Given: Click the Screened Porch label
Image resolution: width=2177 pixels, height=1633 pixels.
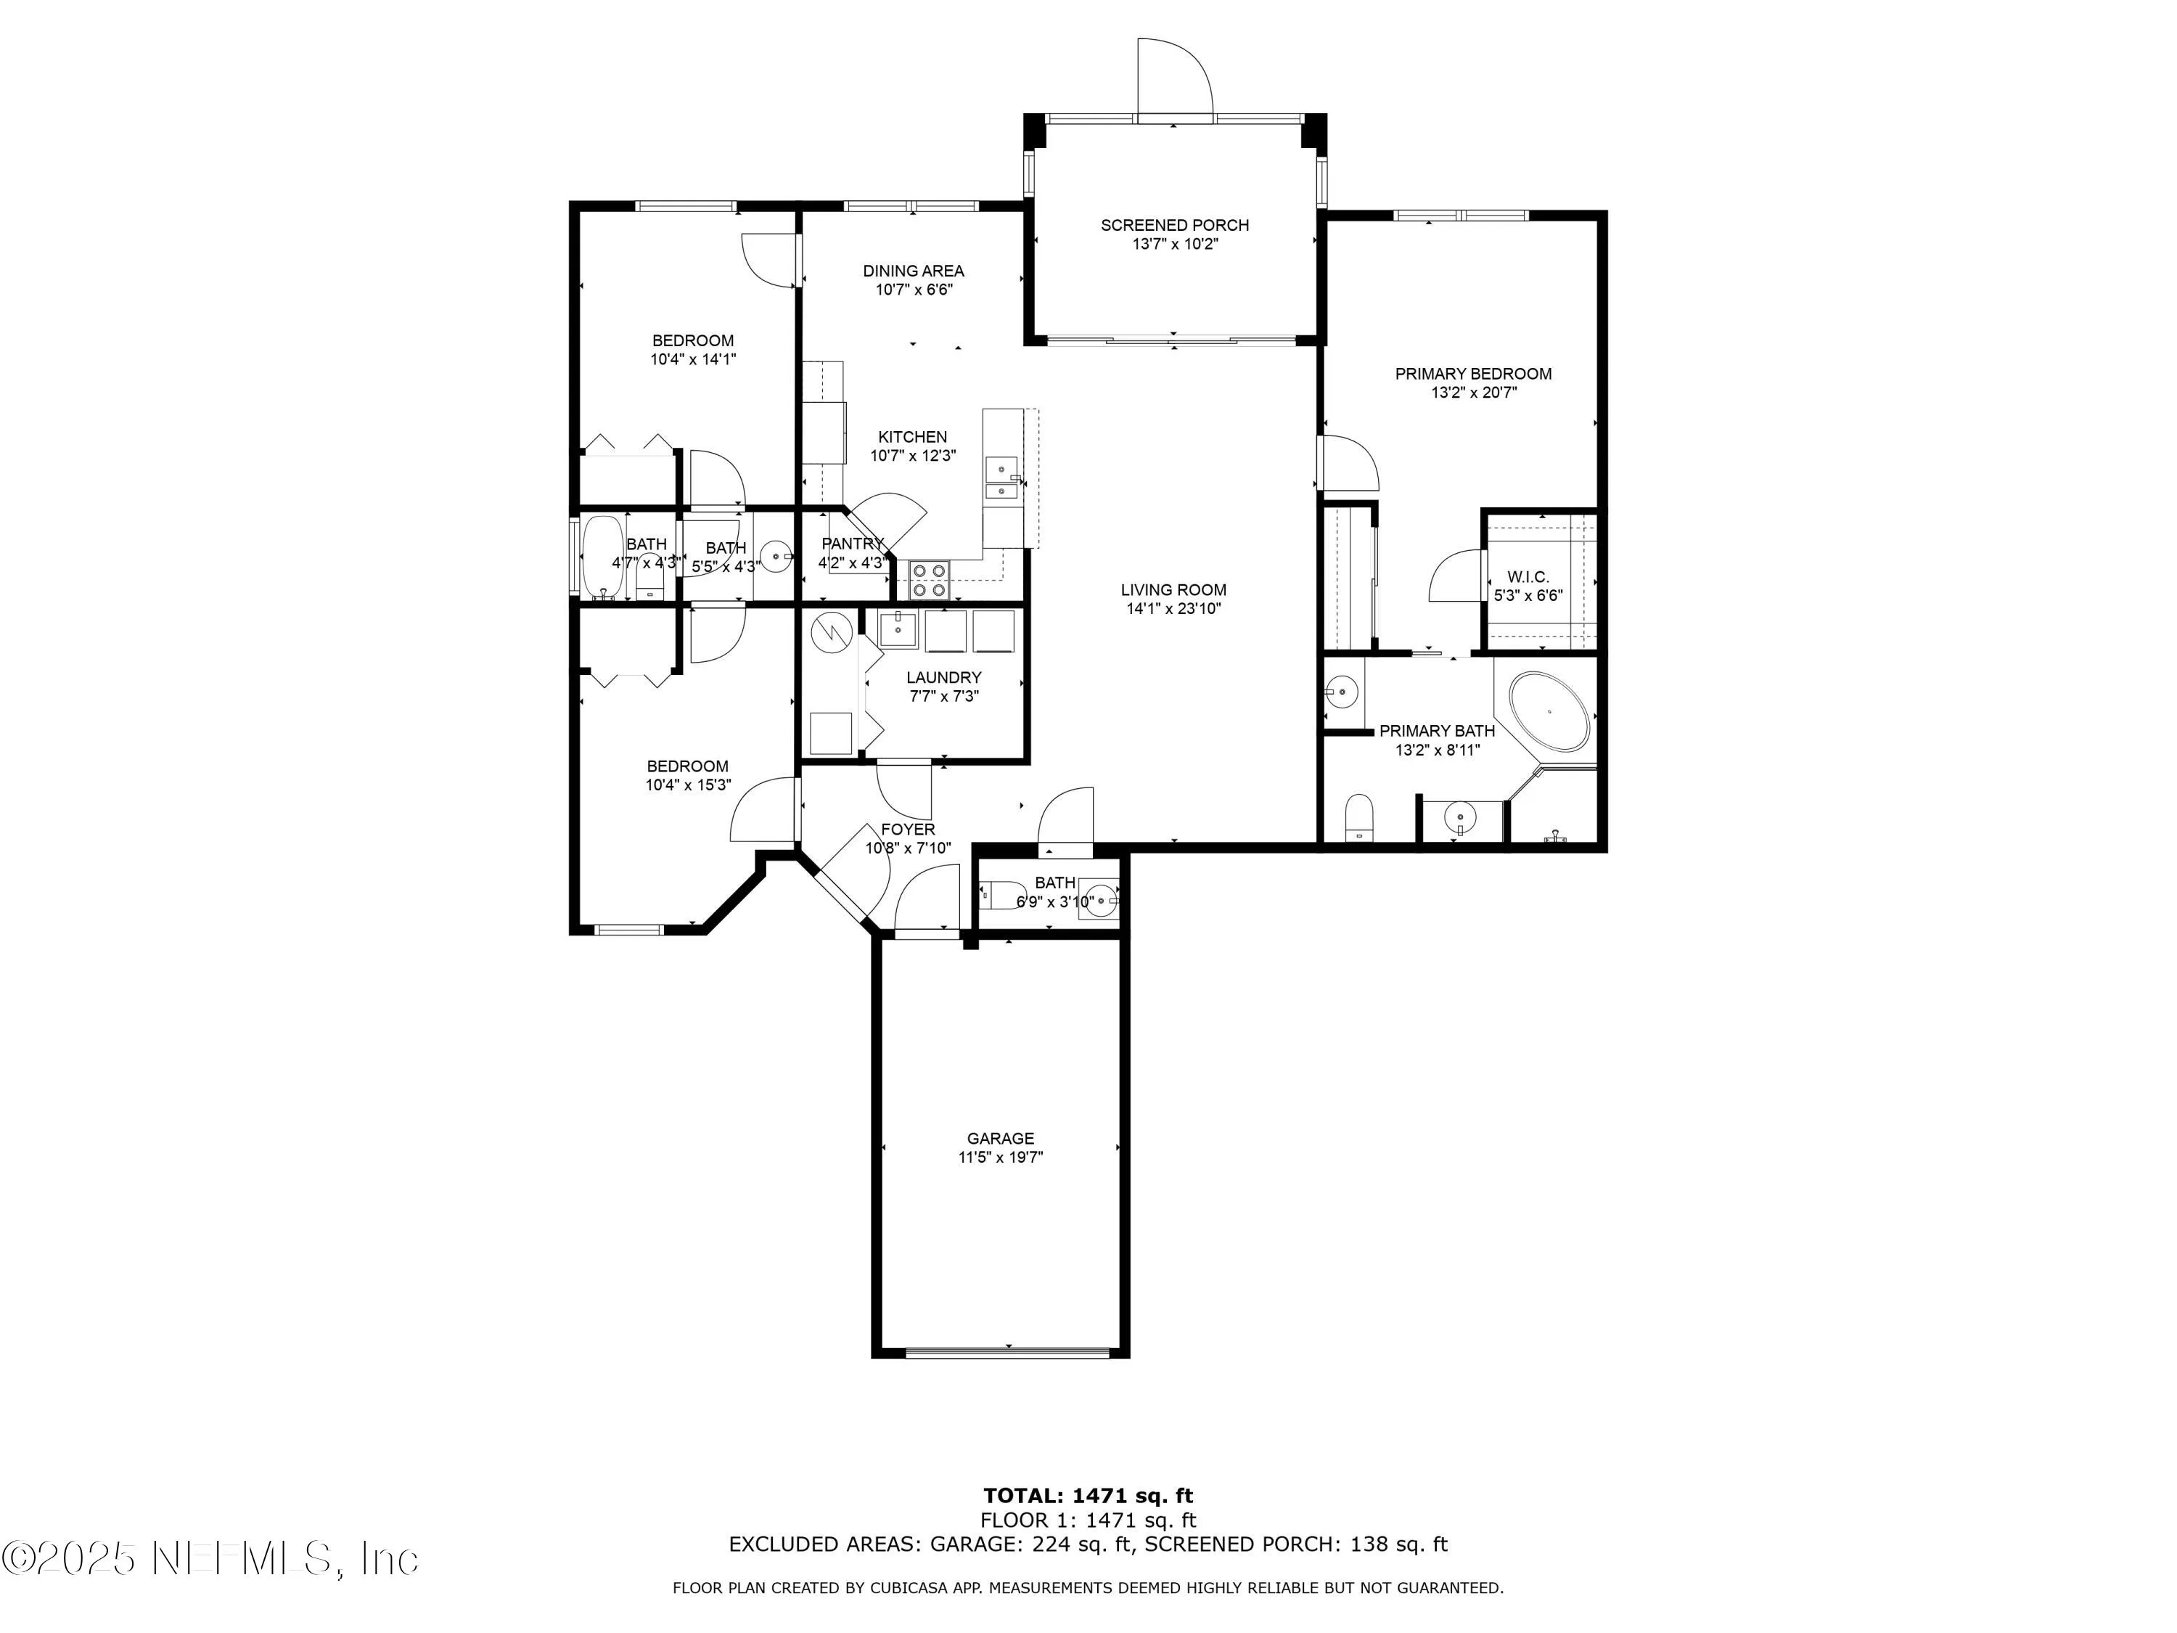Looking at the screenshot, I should (x=1174, y=226).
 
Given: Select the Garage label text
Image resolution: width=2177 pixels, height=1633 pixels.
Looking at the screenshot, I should (x=1000, y=1139).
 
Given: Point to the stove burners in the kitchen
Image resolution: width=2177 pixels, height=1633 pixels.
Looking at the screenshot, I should (x=928, y=580).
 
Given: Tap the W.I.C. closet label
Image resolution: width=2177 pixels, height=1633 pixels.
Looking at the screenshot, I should (x=1528, y=577).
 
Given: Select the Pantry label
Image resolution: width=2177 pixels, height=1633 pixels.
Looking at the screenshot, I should (x=853, y=544).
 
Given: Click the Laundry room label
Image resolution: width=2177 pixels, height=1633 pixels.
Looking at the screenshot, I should (x=943, y=677).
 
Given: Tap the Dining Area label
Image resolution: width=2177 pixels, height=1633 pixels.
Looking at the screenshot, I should (x=914, y=271).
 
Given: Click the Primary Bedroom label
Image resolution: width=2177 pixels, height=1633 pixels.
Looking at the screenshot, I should (x=1472, y=374).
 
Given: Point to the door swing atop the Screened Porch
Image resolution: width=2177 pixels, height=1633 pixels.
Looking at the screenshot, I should (x=1173, y=78).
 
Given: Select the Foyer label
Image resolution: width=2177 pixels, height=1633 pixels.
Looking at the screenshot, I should (x=907, y=830).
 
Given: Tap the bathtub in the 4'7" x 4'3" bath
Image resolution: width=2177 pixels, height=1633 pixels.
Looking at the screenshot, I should (x=602, y=558).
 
